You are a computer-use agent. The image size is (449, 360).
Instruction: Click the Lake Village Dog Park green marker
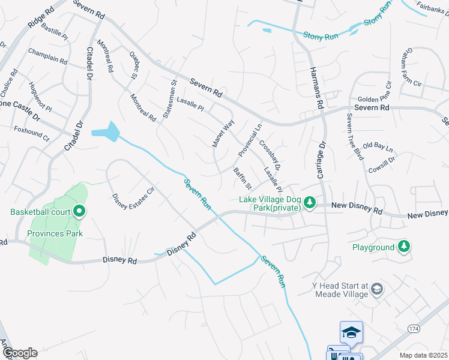pyautogui.click(x=310, y=202)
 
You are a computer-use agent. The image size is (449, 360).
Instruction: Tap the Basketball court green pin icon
pyautogui.click(x=79, y=211)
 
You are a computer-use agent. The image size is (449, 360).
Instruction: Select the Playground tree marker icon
pyautogui.click(x=405, y=246)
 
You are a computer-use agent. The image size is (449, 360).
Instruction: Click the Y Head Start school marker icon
pyautogui.click(x=376, y=289)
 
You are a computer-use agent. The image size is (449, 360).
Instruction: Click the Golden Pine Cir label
pyautogui.click(x=375, y=99)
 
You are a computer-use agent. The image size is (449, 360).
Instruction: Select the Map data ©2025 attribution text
pyautogui.click(x=424, y=355)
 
